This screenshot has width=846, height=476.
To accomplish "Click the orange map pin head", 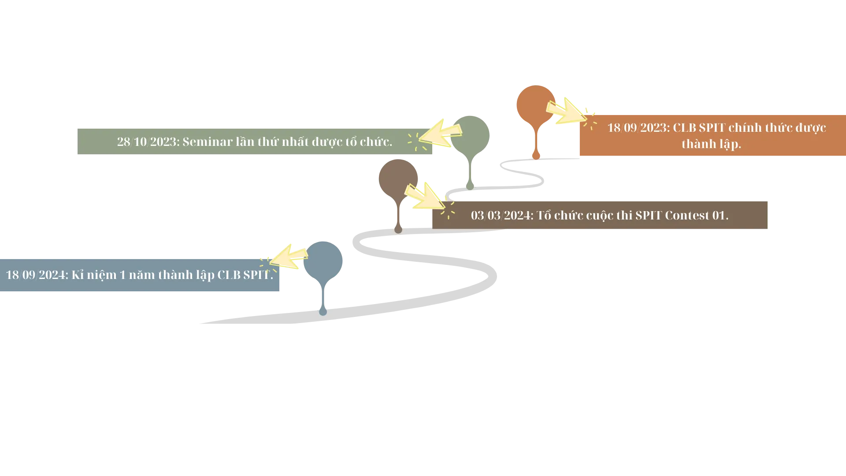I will pyautogui.click(x=535, y=104).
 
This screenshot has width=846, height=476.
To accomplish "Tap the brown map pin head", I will pyautogui.click(x=397, y=178).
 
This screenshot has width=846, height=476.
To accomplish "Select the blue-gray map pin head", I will pyautogui.click(x=324, y=261).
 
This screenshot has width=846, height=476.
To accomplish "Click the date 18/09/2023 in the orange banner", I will pyautogui.click(x=638, y=128).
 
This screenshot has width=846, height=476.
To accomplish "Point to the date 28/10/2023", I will pyautogui.click(x=148, y=142).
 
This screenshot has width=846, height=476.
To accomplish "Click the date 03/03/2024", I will pyautogui.click(x=501, y=216).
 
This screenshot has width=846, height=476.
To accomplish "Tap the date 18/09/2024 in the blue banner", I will pyautogui.click(x=37, y=275).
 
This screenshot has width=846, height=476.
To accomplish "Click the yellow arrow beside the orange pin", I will pyautogui.click(x=566, y=111).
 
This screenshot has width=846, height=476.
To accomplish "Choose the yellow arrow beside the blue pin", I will pyautogui.click(x=289, y=257).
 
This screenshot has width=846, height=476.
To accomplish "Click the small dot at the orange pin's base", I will pyautogui.click(x=536, y=155).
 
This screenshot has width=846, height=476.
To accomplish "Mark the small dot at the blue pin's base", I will pyautogui.click(x=323, y=312).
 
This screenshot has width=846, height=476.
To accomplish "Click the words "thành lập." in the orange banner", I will pyautogui.click(x=711, y=144).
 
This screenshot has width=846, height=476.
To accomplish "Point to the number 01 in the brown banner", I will pyautogui.click(x=719, y=216).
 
